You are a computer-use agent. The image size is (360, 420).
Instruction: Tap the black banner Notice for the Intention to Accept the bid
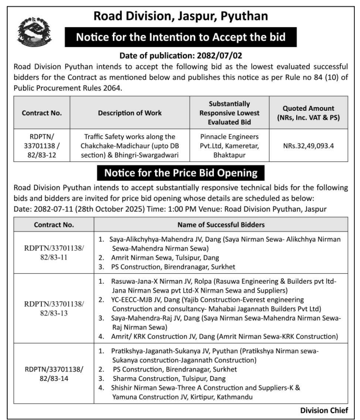180,38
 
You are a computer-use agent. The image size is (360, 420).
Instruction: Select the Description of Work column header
130,113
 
